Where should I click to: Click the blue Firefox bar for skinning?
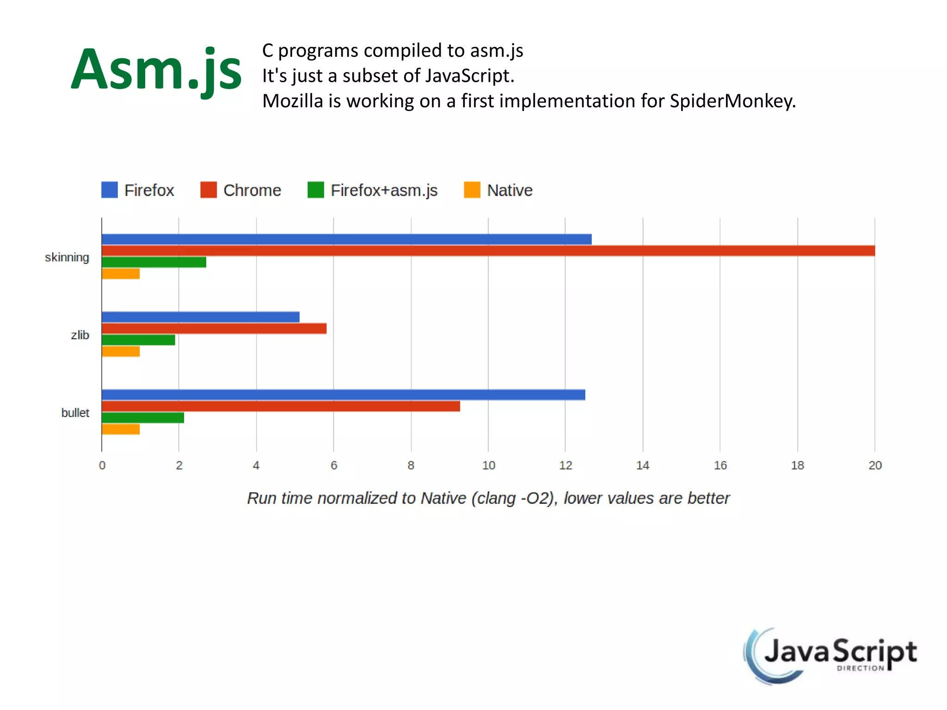346,239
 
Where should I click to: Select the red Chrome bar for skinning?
488,251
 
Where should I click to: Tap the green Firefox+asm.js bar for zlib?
138,340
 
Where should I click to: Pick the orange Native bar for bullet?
121,429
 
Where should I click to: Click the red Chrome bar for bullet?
281,406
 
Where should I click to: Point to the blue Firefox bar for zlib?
200,317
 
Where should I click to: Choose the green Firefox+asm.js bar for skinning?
154,263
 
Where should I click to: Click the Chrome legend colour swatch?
209,190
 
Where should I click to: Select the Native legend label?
510,190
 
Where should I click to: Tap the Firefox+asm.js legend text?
384,190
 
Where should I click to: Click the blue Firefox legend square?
110,190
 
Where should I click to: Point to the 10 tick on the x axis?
488,465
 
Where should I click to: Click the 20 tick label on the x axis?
875,465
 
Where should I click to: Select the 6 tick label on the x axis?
334,465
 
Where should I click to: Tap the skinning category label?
67,257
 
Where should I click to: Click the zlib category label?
80,335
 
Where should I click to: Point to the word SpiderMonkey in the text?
732,101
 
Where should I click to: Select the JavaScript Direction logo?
830,655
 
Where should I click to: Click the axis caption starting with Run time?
488,498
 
